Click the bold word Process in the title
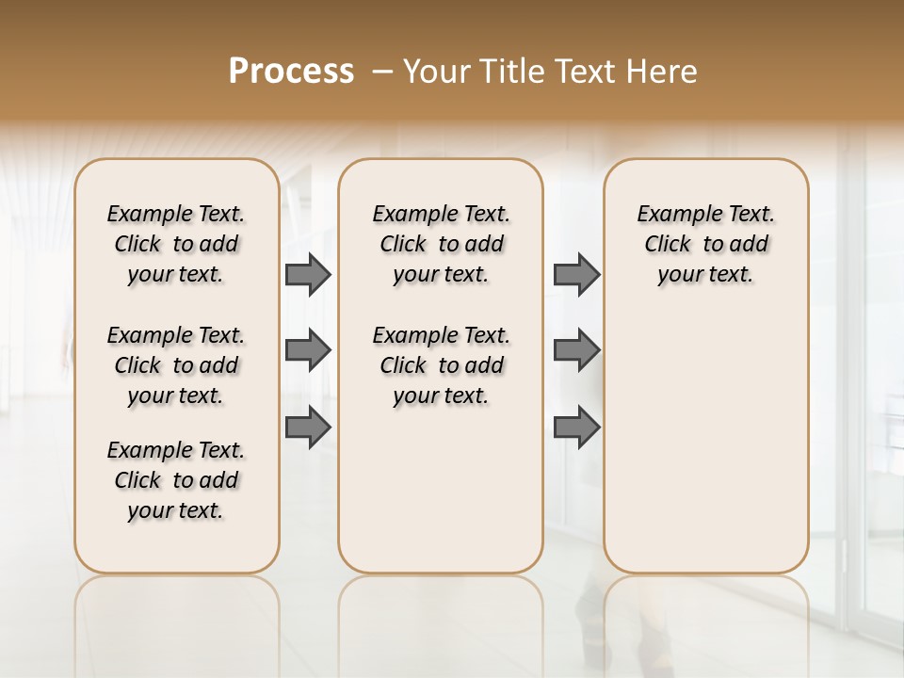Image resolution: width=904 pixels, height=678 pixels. [x=291, y=72]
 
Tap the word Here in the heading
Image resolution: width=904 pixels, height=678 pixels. [x=662, y=72]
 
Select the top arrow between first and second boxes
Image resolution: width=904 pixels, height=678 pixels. [x=308, y=274]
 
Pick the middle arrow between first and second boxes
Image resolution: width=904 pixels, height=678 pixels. [x=308, y=350]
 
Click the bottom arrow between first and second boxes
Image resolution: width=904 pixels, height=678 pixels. [x=308, y=427]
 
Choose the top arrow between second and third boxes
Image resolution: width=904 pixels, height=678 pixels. [x=576, y=274]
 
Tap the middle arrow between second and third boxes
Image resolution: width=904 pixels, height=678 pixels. [x=576, y=350]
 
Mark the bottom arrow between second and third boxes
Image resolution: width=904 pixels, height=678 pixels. [x=576, y=427]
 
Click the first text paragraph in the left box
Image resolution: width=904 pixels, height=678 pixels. [x=176, y=244]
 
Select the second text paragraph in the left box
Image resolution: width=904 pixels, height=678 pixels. [x=176, y=365]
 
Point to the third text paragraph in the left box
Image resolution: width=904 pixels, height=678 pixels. [x=176, y=480]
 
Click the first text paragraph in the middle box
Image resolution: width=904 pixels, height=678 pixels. [x=441, y=244]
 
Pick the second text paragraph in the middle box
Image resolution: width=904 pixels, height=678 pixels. [x=441, y=365]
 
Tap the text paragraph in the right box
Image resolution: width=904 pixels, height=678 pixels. [x=705, y=244]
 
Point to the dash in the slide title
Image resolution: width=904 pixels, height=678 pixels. [x=382, y=72]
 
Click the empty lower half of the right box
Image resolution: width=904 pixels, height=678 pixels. [x=705, y=452]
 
